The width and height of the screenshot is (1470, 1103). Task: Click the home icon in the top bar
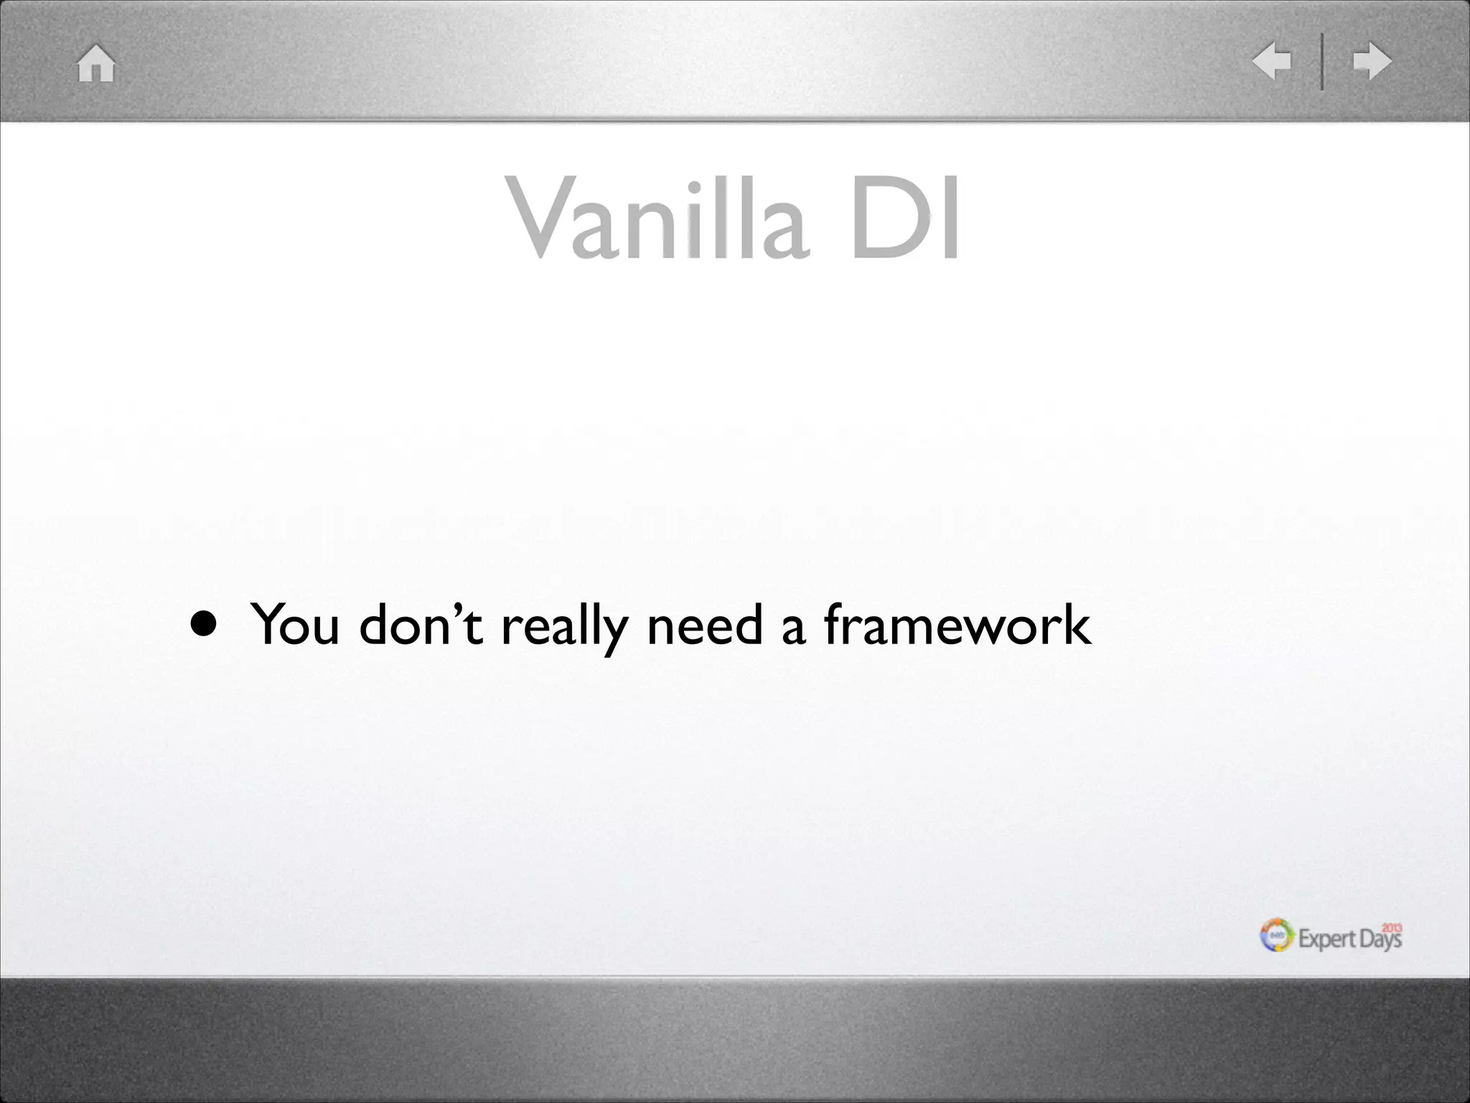click(x=96, y=63)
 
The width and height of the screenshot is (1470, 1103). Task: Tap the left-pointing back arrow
click(x=1272, y=61)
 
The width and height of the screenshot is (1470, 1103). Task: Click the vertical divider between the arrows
click(x=1322, y=62)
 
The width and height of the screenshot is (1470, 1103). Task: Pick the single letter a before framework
click(x=793, y=628)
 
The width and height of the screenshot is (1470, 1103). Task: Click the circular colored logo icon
click(x=1277, y=936)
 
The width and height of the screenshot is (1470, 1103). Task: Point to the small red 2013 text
click(x=1392, y=927)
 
